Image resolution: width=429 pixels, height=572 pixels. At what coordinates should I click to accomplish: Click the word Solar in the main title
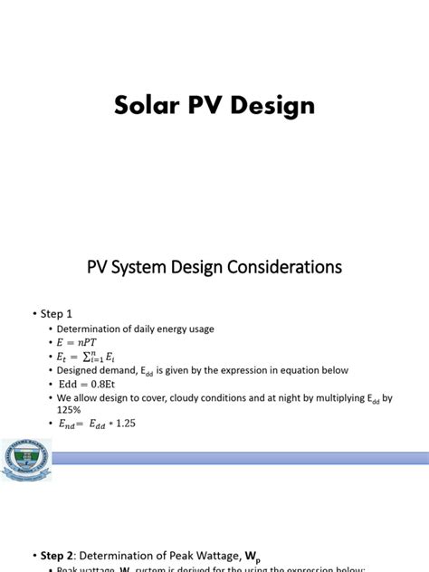(x=146, y=106)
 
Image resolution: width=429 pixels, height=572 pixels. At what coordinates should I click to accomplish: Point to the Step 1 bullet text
(x=53, y=313)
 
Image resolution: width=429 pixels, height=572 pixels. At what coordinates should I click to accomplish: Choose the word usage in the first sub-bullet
(x=200, y=329)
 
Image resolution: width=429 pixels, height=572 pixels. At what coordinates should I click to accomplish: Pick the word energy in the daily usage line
(x=167, y=329)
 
